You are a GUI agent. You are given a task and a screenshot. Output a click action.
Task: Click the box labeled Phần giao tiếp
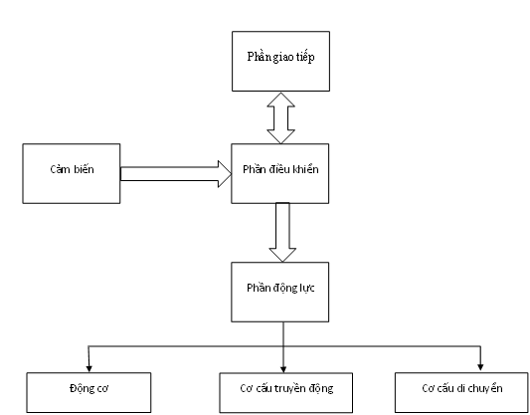tap(280, 62)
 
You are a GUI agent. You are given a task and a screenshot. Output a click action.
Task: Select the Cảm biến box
tap(72, 173)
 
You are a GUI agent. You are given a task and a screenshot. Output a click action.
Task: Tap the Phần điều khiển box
tap(279, 173)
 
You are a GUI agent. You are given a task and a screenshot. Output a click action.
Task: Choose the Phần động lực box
tap(279, 292)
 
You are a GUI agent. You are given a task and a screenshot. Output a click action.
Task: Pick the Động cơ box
tap(88, 393)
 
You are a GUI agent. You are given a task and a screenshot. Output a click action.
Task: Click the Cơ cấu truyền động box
tap(286, 393)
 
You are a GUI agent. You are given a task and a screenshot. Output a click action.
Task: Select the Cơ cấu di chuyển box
tap(461, 393)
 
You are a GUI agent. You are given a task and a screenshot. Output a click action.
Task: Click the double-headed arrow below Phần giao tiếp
tap(280, 118)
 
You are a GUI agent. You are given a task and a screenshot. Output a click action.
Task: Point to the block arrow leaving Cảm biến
tap(176, 174)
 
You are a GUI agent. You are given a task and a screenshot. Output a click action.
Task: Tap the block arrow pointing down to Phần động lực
tap(282, 232)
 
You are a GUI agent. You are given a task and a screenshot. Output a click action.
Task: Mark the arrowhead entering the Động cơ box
tap(88, 368)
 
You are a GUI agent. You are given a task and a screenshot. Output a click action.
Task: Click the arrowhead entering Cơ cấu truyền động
tap(283, 368)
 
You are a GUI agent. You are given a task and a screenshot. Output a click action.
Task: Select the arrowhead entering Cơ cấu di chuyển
tap(480, 367)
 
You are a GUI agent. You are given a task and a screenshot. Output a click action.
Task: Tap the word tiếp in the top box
tap(305, 57)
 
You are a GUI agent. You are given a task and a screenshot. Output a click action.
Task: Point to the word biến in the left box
tap(84, 169)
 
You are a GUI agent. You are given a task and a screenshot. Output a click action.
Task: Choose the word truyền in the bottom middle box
tap(292, 388)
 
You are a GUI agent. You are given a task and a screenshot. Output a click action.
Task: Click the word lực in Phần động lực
tap(307, 288)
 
